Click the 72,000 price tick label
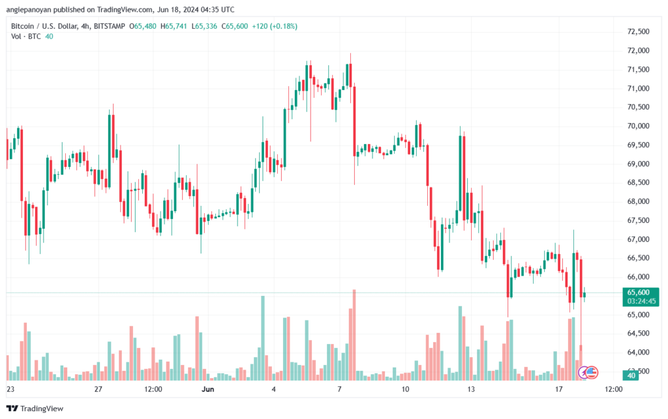[x=638, y=51]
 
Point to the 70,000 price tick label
[x=638, y=126]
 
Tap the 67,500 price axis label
[x=638, y=220]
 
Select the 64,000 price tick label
[x=638, y=353]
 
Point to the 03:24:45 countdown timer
[x=641, y=301]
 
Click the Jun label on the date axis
[x=208, y=389]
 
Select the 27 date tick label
[x=99, y=389]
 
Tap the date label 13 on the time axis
[x=471, y=389]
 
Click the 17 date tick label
[x=558, y=389]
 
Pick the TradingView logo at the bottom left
[x=35, y=409]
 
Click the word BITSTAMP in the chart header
[x=110, y=26]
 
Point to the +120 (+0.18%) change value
[x=275, y=26]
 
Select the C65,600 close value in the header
[x=234, y=26]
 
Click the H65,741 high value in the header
[x=174, y=26]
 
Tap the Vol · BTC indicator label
[x=26, y=36]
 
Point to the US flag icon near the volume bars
[x=592, y=373]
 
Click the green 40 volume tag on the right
[x=631, y=375]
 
